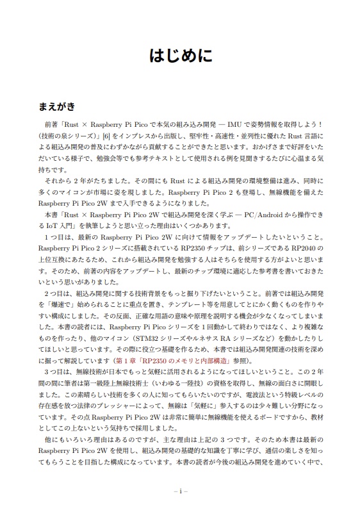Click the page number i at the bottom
[180, 492]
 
